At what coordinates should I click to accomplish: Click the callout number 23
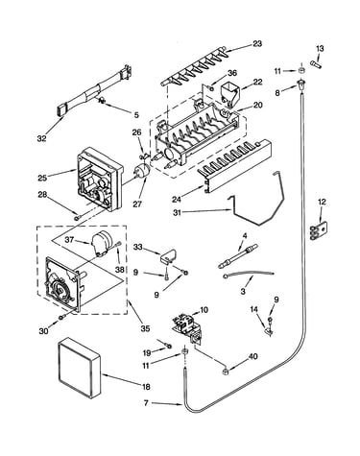(x=257, y=43)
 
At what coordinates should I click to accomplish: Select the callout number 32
(x=41, y=138)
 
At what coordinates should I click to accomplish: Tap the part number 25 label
(x=42, y=178)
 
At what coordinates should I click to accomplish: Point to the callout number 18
(x=146, y=387)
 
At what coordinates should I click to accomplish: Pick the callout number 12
(x=322, y=202)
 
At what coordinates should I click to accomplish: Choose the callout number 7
(x=146, y=403)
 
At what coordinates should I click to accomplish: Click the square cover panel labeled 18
(x=79, y=368)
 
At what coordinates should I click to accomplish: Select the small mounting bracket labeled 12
(x=319, y=231)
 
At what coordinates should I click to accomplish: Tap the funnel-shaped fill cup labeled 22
(x=229, y=93)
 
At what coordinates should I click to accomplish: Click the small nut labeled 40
(x=226, y=372)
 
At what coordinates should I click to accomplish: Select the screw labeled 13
(x=316, y=62)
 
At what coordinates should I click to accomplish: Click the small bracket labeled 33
(x=169, y=256)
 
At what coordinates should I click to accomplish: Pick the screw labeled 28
(x=77, y=218)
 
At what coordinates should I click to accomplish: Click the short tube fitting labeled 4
(x=238, y=255)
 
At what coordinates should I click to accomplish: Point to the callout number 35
(x=145, y=328)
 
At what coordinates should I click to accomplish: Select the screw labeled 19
(x=168, y=346)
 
